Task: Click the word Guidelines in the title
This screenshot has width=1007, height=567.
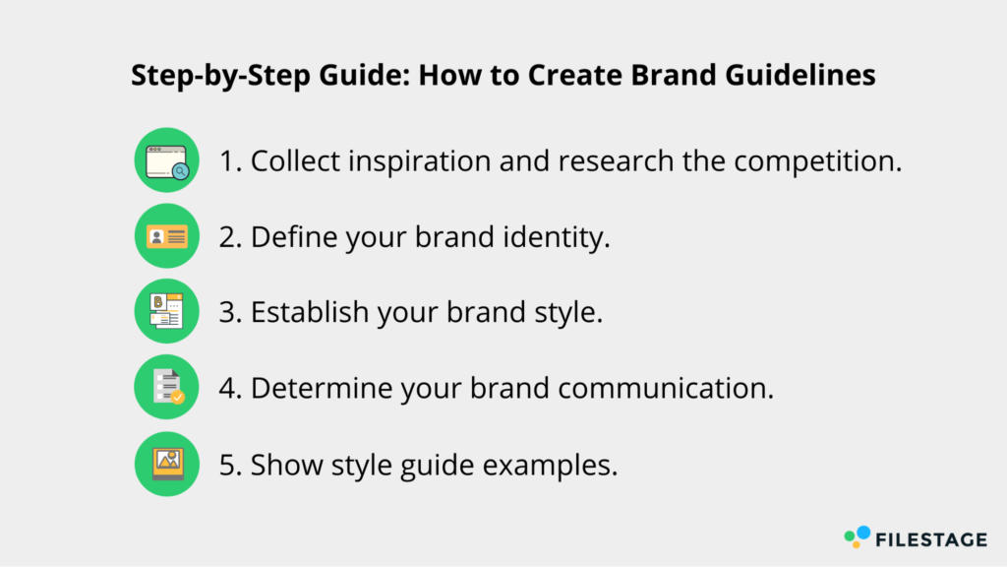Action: tap(800, 75)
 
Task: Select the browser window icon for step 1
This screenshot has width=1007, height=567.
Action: tap(167, 160)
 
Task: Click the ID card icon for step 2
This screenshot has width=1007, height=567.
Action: tap(167, 236)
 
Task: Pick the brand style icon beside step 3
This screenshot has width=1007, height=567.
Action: tap(167, 311)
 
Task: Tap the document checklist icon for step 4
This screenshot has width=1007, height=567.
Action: tap(167, 387)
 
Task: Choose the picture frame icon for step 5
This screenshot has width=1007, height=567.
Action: tap(167, 464)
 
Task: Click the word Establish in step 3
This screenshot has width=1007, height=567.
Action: tap(310, 312)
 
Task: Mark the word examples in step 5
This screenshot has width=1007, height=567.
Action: tap(551, 465)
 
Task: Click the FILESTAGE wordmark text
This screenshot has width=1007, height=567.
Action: tap(931, 539)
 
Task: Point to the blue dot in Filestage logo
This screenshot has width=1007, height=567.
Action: tap(863, 533)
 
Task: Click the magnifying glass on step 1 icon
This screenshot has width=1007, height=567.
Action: tap(181, 171)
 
